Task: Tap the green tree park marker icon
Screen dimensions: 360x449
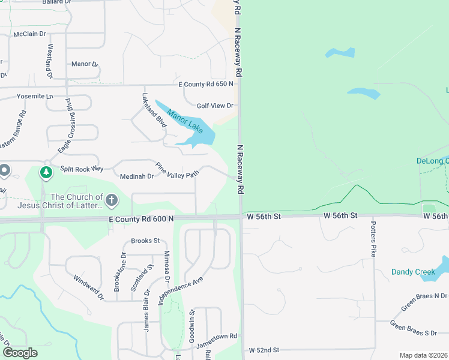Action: [x=46, y=173]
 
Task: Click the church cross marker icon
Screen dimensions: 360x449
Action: [x=111, y=200]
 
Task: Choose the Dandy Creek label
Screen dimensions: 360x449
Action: [x=413, y=272]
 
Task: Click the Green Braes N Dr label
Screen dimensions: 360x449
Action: [x=424, y=301]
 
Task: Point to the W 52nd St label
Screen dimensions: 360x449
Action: [x=264, y=350]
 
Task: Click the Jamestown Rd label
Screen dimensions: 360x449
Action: [x=220, y=336]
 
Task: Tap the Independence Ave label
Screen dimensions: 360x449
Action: [x=181, y=290]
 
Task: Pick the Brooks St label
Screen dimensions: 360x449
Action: [x=145, y=241]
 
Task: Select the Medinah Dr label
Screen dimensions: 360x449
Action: [x=137, y=176]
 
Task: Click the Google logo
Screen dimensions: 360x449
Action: [x=20, y=352]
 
